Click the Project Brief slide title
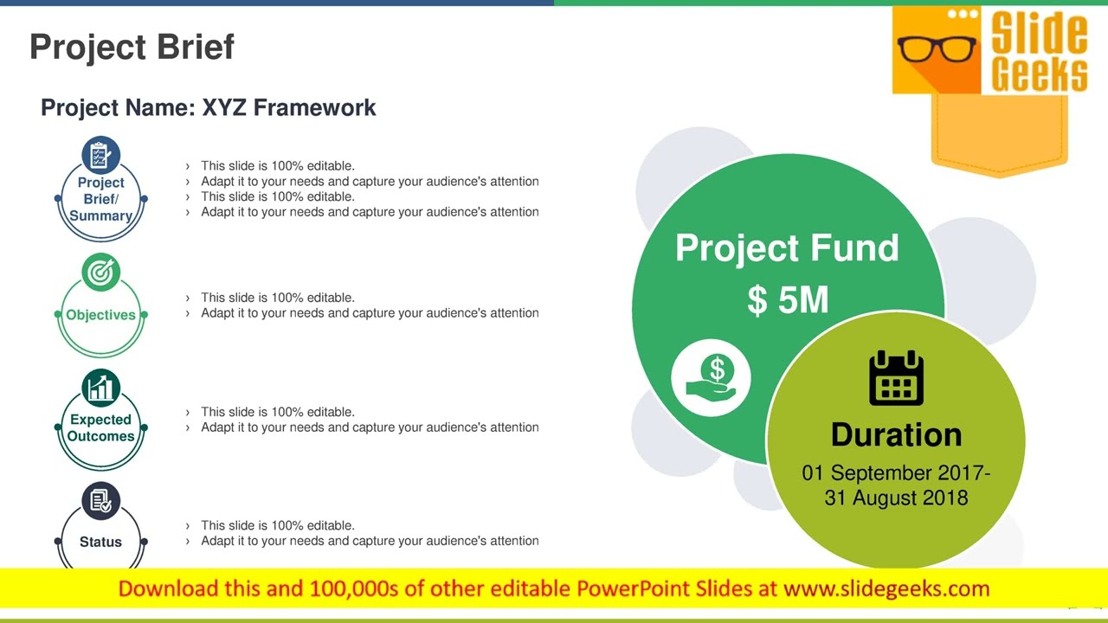132,47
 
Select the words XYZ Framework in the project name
289,107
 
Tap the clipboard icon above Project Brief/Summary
100,156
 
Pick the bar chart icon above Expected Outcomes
100,388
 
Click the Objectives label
100,315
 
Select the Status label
100,542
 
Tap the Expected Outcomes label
100,427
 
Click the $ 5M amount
788,300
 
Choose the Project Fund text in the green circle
787,248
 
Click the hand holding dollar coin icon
712,377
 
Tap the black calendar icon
896,378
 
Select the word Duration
896,434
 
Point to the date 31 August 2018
896,498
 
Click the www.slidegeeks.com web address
886,589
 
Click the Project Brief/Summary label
100,199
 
